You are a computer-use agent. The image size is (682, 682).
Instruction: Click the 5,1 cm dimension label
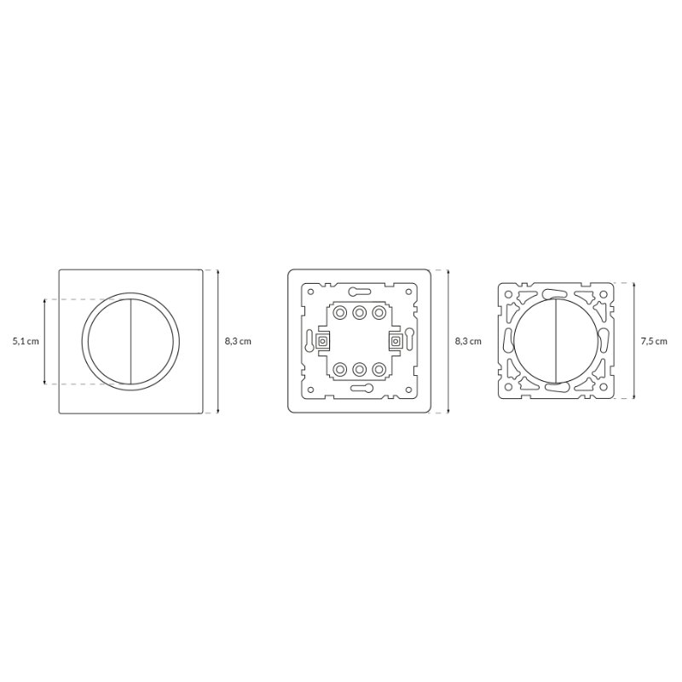click(26, 342)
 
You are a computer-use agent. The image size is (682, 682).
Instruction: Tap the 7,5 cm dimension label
click(654, 342)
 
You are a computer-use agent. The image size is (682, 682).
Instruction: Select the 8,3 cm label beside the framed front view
click(238, 342)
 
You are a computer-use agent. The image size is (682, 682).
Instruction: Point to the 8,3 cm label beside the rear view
click(468, 342)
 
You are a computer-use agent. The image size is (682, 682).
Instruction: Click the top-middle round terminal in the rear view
click(359, 312)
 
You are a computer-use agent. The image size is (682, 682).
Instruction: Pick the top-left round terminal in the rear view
click(338, 312)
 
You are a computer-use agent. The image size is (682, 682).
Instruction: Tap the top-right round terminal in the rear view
click(379, 312)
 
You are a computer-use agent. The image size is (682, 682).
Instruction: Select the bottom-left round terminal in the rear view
click(338, 370)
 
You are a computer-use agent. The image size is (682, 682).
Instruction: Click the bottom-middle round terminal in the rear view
click(359, 370)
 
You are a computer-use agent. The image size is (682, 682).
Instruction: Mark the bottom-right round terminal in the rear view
click(379, 370)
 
